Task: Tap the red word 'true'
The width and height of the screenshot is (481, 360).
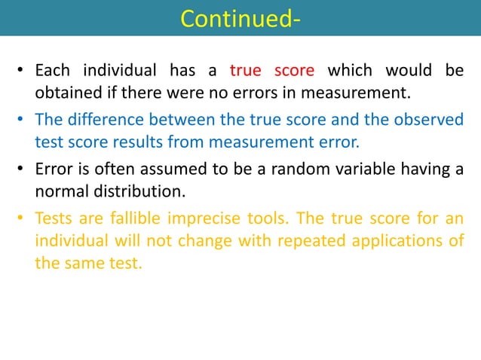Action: coord(245,72)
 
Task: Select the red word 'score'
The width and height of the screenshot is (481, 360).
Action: coord(293,72)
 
